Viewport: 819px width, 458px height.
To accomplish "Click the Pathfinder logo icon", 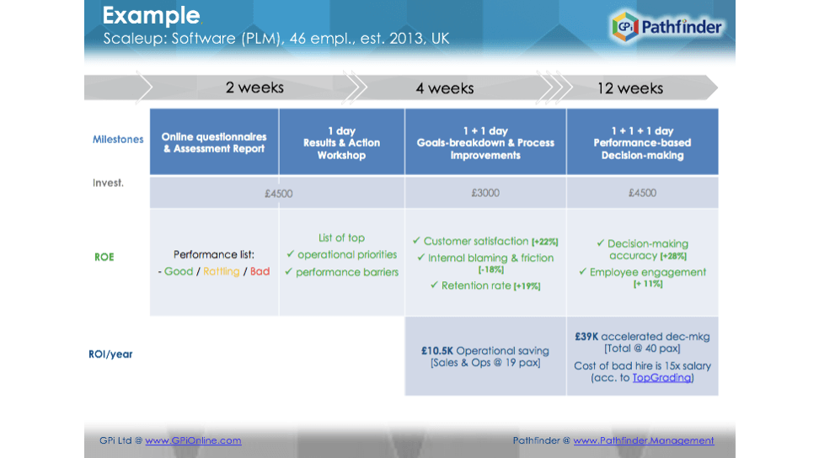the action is (625, 26).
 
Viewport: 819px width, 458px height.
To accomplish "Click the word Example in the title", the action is (151, 16).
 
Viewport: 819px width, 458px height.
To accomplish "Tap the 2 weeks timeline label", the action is (254, 87).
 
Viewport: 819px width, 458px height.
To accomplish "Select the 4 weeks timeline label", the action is (445, 88).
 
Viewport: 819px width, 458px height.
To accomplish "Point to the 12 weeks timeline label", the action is (630, 88).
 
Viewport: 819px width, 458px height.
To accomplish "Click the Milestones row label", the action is (118, 139).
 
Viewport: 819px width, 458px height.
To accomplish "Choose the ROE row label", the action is (104, 257).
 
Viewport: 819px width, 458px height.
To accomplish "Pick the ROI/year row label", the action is (110, 354).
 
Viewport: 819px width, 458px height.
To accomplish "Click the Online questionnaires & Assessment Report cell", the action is (214, 142).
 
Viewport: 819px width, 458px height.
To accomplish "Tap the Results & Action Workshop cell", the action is (341, 142).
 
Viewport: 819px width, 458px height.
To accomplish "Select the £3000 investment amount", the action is (485, 193).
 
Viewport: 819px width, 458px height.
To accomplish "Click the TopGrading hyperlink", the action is (661, 378).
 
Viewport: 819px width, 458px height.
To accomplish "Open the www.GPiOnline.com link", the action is (193, 440).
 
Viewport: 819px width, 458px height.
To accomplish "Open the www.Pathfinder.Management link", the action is (644, 440).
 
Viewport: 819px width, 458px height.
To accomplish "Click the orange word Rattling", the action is (222, 271).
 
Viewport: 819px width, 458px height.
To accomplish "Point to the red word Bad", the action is (260, 271).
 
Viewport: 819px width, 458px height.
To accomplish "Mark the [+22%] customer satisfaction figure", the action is (545, 242).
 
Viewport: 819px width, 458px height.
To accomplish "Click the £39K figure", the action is (586, 337).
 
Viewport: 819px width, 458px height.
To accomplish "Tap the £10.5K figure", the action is (437, 350).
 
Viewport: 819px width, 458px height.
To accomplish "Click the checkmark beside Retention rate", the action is (434, 285).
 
